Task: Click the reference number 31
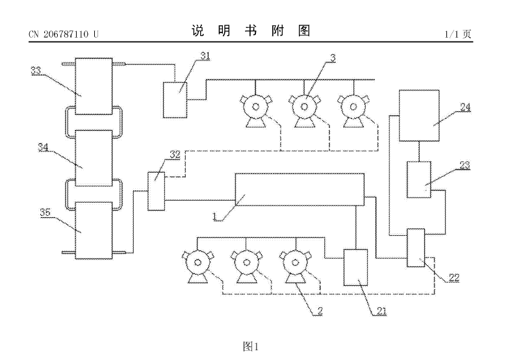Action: (205, 55)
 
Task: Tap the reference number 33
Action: (36, 70)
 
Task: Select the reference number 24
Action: (465, 108)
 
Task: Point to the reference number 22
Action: (454, 277)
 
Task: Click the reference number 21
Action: (381, 311)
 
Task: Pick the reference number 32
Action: (175, 154)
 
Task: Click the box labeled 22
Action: (415, 248)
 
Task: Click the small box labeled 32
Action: (156, 190)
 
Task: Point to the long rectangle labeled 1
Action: (299, 189)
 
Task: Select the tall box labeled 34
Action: (94, 157)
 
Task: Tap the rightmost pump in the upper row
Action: (353, 108)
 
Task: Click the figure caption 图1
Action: (251, 346)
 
